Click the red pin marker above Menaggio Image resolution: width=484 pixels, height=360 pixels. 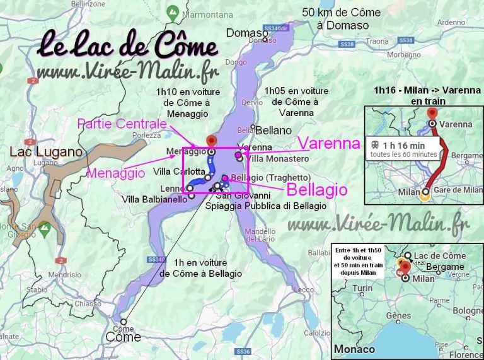click(211, 140)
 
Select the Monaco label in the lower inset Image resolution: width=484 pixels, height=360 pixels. click(354, 349)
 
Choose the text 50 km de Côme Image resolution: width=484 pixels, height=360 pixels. click(341, 13)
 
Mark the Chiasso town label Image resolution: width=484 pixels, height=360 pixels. click(88, 304)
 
